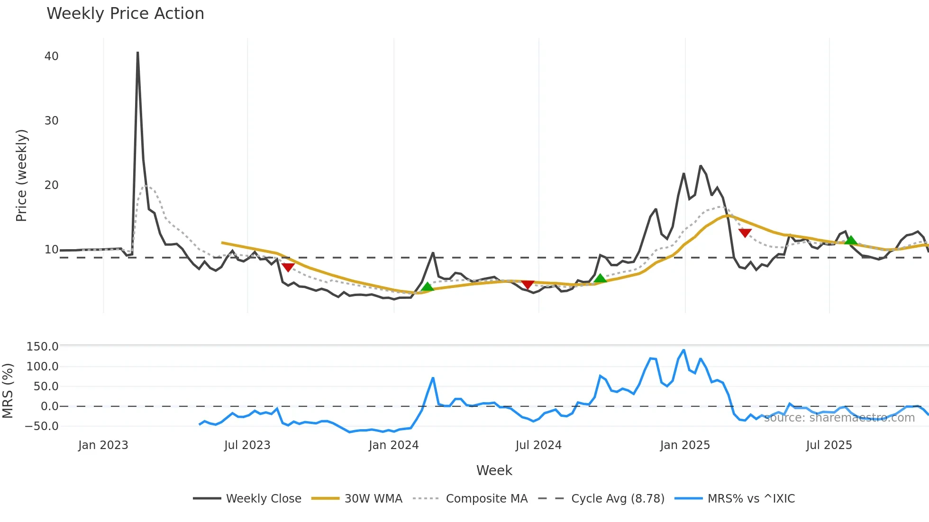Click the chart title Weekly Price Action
125,14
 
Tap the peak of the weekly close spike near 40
137,53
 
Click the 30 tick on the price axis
52,121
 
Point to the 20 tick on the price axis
52,185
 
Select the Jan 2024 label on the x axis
393,445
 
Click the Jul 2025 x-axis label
829,445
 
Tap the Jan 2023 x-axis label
103,445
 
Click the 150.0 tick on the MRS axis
43,347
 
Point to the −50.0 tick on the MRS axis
42,426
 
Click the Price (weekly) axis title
22,175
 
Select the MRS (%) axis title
8,391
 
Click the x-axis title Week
494,470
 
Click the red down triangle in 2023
288,267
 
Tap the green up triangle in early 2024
428,287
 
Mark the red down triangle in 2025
745,233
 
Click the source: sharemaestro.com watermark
839,418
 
